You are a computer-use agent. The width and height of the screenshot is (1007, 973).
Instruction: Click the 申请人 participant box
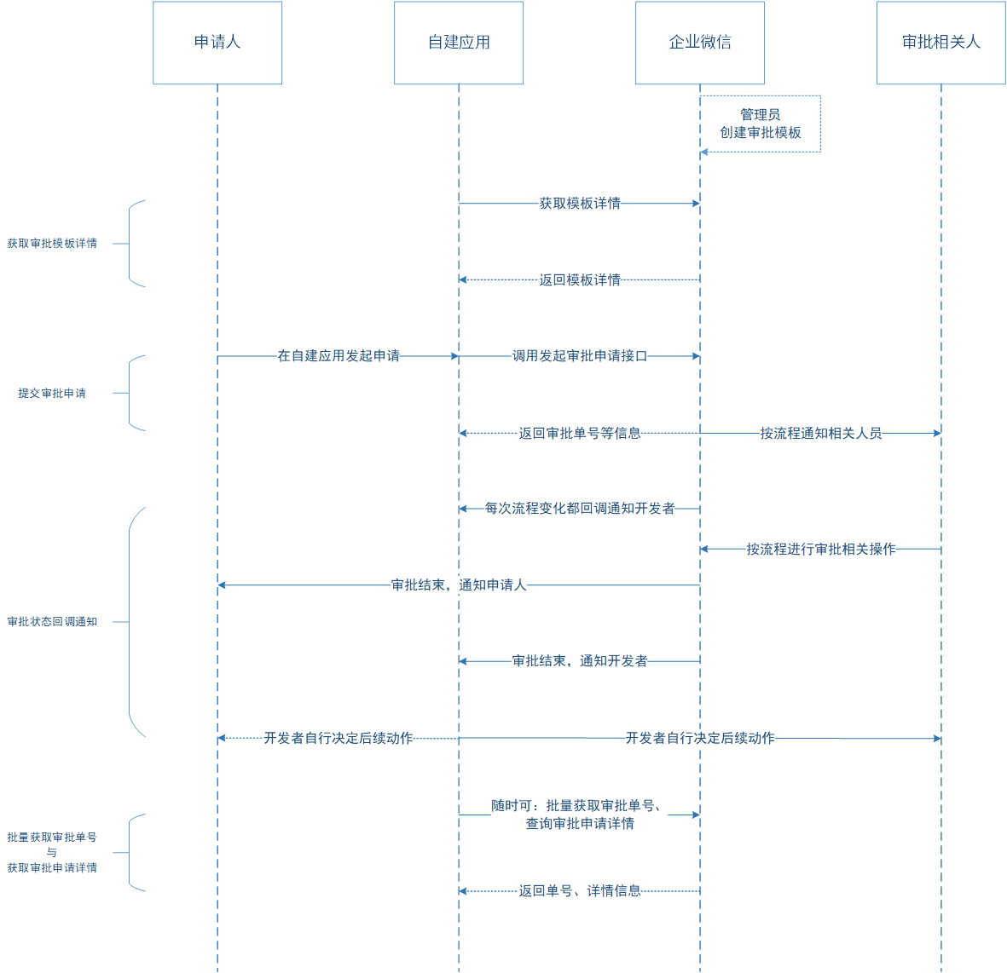(217, 43)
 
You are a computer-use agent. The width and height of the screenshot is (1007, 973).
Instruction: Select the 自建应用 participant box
(459, 43)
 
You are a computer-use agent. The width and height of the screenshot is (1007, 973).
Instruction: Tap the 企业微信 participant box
(700, 43)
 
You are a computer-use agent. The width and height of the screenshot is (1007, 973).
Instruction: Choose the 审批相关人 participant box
(941, 43)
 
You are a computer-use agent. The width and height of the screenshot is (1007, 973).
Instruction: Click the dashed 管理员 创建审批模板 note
(761, 124)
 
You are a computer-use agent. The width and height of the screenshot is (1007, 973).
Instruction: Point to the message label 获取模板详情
(580, 204)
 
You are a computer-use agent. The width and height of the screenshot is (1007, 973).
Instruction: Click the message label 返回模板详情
(580, 280)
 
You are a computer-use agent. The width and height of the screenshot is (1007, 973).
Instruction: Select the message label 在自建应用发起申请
(339, 356)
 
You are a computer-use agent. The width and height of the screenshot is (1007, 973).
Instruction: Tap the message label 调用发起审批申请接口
(580, 356)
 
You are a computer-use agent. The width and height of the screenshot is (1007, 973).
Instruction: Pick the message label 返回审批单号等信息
(580, 433)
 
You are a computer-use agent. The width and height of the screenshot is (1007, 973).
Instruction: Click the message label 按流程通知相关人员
(820, 433)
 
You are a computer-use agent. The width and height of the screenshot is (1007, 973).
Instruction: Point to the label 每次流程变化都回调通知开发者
(580, 509)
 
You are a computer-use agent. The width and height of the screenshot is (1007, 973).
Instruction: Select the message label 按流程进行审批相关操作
(820, 550)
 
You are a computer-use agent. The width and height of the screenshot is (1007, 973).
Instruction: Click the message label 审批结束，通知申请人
(459, 585)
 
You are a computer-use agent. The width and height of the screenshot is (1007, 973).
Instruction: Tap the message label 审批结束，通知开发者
(580, 661)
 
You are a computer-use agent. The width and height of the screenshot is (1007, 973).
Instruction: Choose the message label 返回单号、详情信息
(580, 891)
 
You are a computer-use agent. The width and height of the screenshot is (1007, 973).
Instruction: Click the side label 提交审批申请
(52, 394)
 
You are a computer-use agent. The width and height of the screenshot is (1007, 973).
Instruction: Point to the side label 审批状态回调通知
(52, 622)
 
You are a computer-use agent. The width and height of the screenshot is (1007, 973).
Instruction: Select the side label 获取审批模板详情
(52, 244)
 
